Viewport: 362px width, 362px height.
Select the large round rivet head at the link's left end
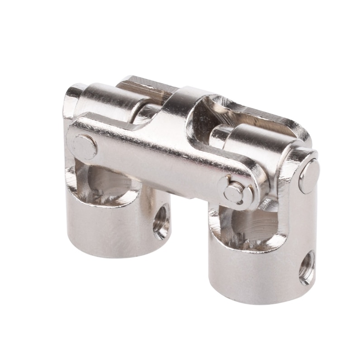click(x=85, y=147)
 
